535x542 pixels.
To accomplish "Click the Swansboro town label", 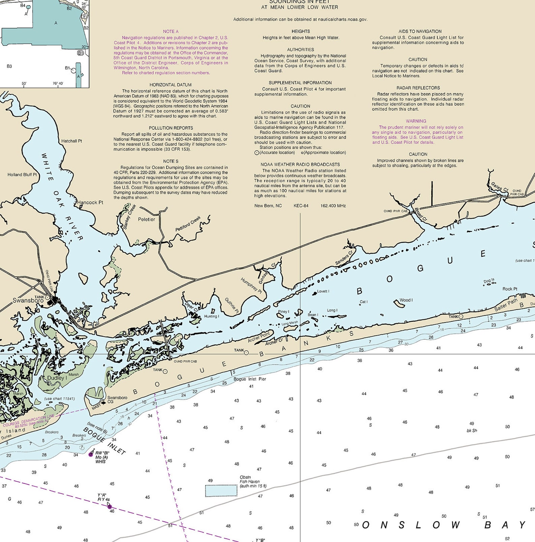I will (28, 300).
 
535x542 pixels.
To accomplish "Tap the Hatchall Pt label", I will (71, 141).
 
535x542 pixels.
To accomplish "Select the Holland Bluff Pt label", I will (22, 175).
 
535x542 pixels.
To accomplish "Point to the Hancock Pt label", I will (90, 202).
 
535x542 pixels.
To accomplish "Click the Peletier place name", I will (147, 219).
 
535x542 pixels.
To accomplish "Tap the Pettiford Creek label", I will (188, 224).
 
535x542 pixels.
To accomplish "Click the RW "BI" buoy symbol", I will (91, 454).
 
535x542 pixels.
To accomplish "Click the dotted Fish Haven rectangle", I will (221, 491).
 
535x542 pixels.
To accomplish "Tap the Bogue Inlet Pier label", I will (250, 379).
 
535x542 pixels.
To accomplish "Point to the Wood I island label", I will (406, 300).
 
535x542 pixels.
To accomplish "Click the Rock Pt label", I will (510, 289).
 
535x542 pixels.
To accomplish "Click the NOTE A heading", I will (171, 31).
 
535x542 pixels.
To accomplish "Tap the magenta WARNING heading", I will (416, 121).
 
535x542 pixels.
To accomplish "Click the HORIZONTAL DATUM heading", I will (170, 85).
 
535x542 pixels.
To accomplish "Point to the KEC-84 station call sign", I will (301, 206).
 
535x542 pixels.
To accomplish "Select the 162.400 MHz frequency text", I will (333, 206).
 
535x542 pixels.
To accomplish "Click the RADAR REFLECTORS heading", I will (418, 88).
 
